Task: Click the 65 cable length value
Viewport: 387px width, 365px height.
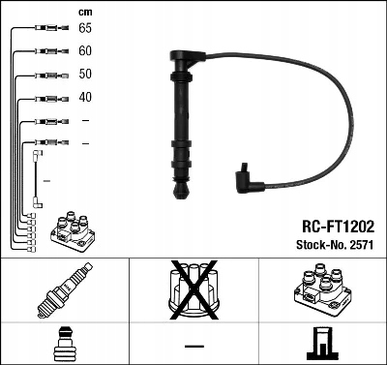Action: coord(85,29)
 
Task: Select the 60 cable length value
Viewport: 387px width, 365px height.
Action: coord(85,51)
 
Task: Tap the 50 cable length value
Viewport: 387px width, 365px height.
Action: coord(85,75)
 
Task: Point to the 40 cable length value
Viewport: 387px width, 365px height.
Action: coord(85,97)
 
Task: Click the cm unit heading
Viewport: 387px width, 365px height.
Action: coord(85,11)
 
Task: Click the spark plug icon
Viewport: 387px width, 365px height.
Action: coord(64,289)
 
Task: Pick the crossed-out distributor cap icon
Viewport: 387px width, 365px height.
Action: coord(193,289)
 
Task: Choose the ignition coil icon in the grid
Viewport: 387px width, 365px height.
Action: coord(322,289)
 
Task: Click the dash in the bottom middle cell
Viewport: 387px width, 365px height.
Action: coord(193,345)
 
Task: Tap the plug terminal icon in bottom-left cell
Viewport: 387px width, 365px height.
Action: coord(64,344)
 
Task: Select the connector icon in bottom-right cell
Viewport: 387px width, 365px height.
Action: coord(322,344)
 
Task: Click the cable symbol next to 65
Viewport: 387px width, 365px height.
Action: coord(46,29)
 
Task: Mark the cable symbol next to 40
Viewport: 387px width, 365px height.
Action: coord(46,97)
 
